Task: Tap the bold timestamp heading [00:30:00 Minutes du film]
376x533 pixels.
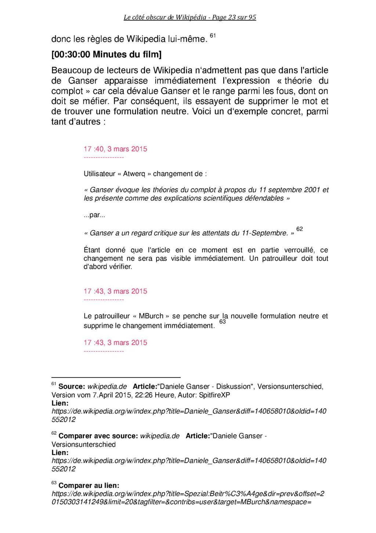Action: tap(106, 55)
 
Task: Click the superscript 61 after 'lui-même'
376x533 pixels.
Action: tap(213, 36)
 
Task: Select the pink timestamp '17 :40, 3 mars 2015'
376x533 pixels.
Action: tap(115, 149)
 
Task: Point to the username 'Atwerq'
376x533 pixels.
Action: tap(134, 174)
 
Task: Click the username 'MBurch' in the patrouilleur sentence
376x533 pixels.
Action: tap(151, 316)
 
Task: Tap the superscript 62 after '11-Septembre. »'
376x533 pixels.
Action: tap(300, 229)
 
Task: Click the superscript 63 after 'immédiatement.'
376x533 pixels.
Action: tap(223, 322)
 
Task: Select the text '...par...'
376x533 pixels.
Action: tap(94, 215)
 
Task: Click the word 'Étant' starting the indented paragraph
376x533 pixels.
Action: tap(92, 250)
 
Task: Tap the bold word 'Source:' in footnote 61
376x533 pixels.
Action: tap(72, 387)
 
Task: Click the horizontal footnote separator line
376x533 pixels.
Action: tap(116, 377)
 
